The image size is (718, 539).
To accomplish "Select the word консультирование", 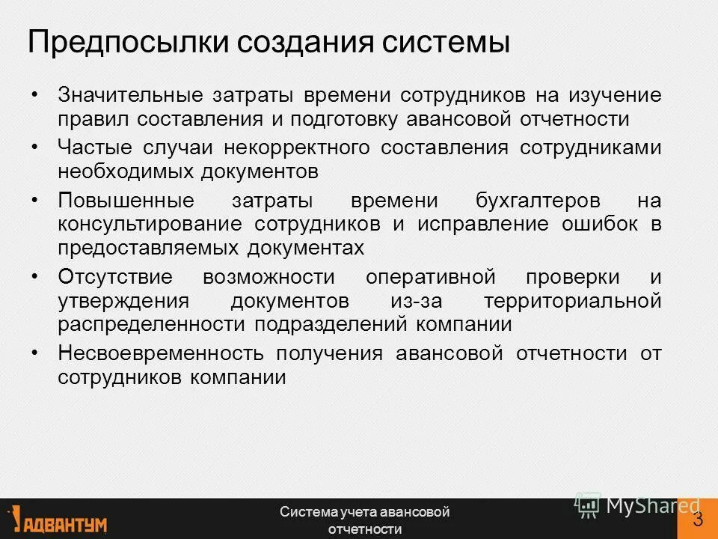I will pos(150,225).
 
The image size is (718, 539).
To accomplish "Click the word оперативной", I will pos(431,277).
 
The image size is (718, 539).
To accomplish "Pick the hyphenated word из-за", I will pos(405,301).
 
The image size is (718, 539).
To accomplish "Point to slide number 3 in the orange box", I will pos(698,520).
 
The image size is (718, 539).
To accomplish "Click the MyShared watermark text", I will pos(651,506).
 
